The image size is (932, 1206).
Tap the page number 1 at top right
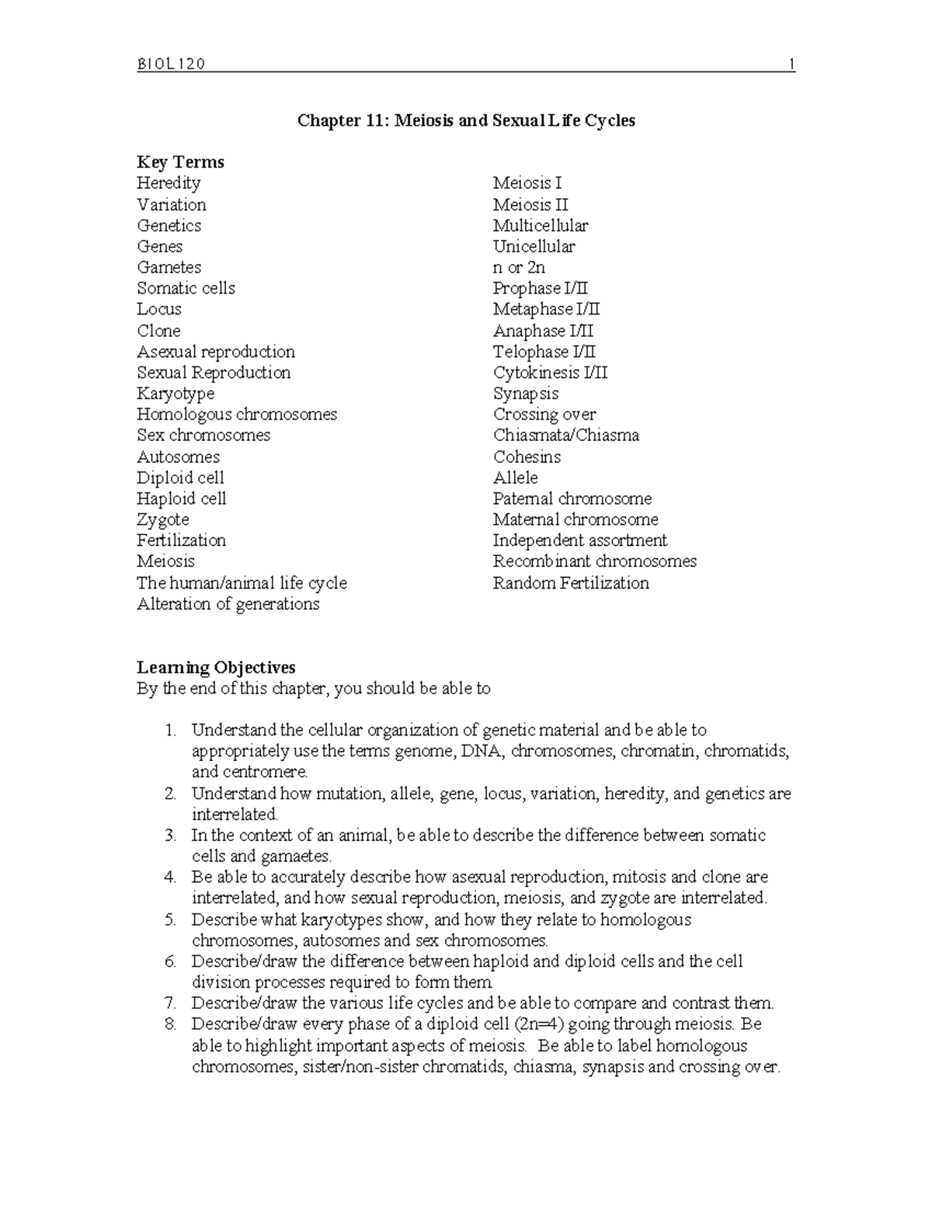tap(791, 64)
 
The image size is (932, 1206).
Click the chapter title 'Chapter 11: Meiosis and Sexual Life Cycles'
tap(467, 120)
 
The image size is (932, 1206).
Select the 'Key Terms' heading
tap(180, 162)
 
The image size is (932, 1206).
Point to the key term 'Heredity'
tap(169, 183)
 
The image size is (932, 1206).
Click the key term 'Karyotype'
tap(176, 394)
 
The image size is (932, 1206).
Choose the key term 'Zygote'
tap(163, 520)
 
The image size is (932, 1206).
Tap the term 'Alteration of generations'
tap(228, 604)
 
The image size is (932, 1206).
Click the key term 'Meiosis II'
tap(530, 205)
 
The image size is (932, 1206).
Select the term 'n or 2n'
tap(519, 268)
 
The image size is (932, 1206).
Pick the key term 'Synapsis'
tap(526, 394)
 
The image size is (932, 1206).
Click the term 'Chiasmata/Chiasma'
tap(566, 436)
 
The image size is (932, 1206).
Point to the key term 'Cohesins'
tap(527, 457)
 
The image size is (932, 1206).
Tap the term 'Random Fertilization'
tap(571, 583)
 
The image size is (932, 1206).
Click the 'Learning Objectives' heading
tap(216, 668)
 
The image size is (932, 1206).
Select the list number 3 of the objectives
tap(170, 836)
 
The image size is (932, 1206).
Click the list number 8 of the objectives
tap(170, 1024)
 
